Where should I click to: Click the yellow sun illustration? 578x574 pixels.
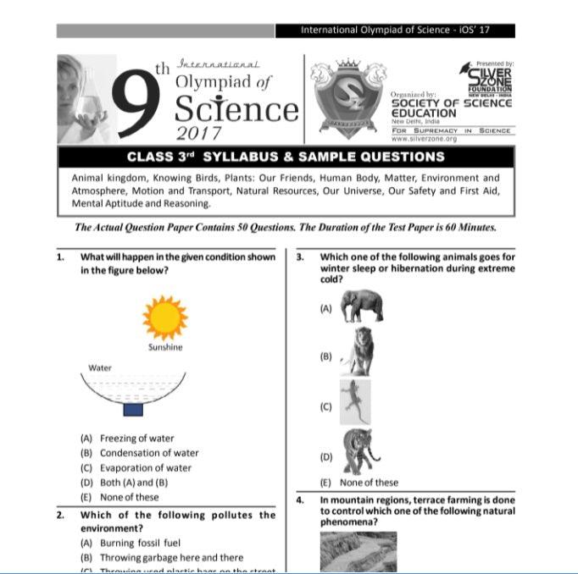point(164,317)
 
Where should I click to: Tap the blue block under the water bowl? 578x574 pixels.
point(133,410)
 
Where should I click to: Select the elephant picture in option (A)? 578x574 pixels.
point(362,306)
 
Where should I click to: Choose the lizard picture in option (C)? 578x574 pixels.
point(356,402)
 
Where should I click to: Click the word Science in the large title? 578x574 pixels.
point(236,110)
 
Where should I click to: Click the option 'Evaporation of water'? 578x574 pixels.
point(145,467)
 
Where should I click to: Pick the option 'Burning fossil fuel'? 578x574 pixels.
point(140,543)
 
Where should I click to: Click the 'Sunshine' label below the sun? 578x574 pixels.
point(164,347)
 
